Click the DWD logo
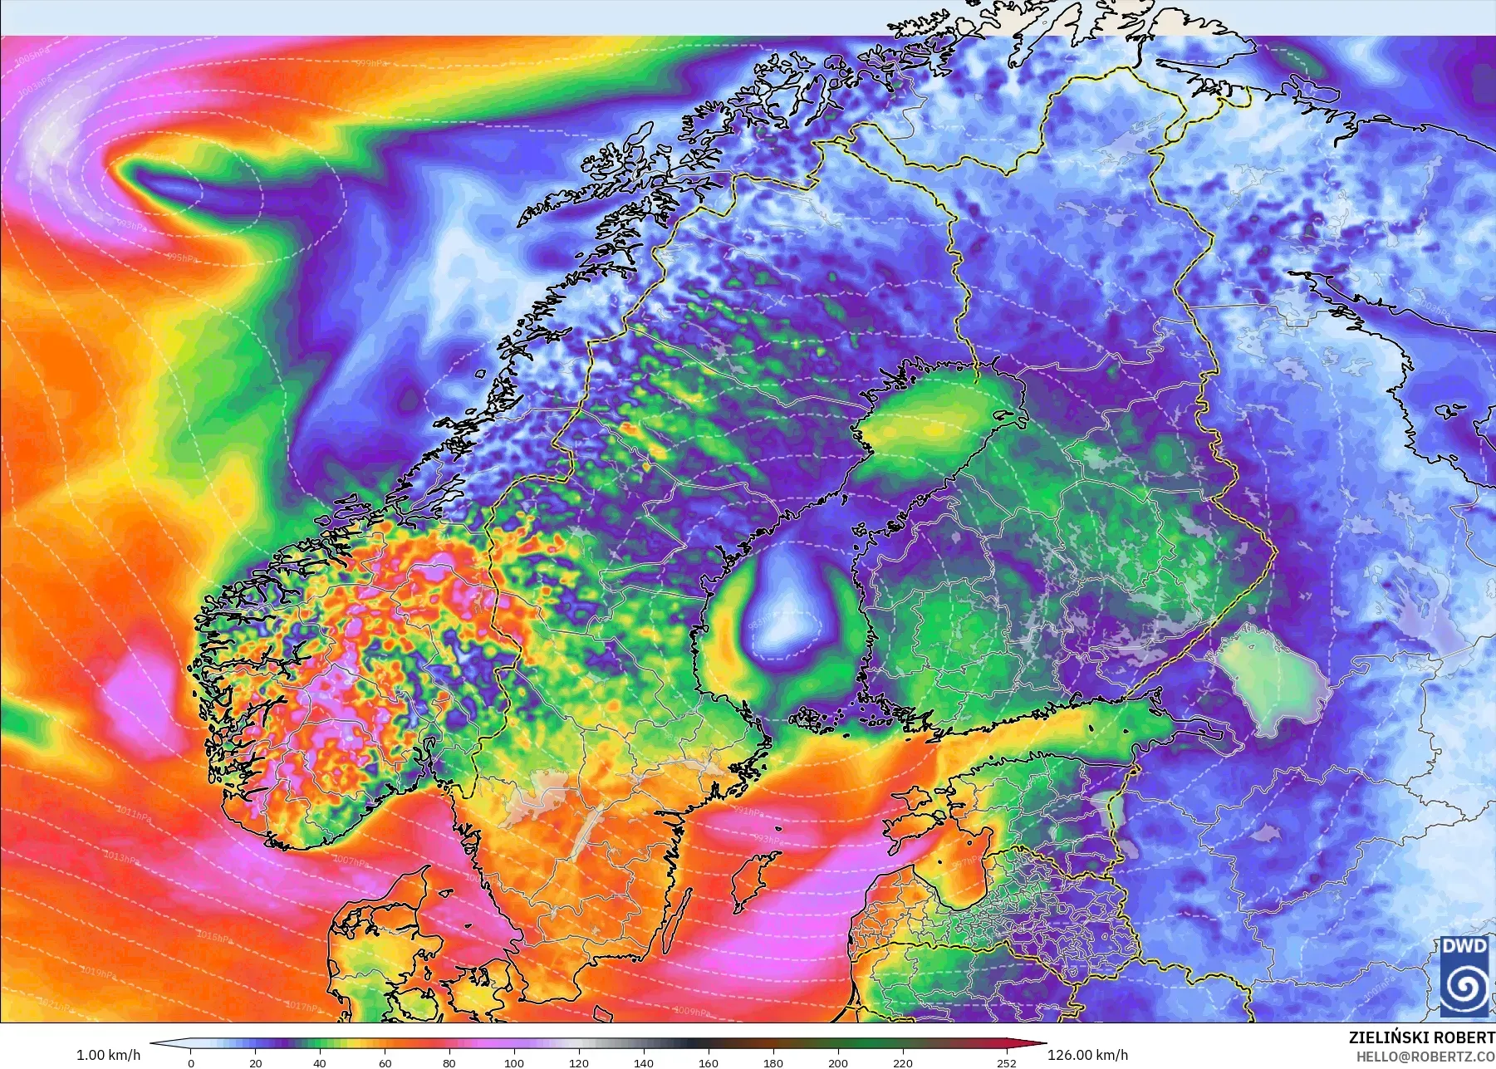1464,976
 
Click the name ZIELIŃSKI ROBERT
1421,1038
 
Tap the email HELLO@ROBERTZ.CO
1425,1057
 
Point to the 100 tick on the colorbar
514,1062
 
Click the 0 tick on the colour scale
191,1062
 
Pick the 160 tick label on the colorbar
709,1062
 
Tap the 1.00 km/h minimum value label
108,1056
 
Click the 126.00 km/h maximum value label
1087,1056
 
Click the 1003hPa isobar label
33,86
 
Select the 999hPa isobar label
371,63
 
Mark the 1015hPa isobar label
213,936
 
